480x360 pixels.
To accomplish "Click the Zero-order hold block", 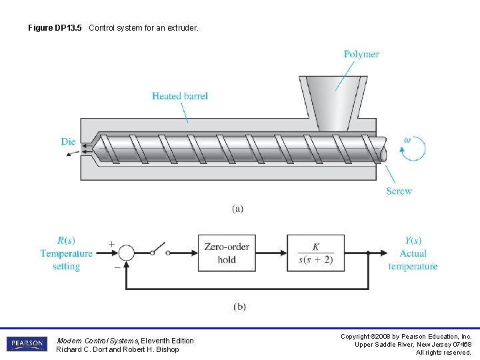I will point(227,253).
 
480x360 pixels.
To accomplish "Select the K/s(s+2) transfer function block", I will point(315,253).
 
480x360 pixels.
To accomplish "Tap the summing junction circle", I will point(126,253).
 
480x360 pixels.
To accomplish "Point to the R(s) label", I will point(67,241).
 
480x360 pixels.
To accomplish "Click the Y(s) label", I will point(413,241).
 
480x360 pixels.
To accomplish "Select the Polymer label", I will point(361,54).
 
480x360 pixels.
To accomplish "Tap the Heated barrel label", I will point(179,96).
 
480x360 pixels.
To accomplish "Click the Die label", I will point(68,141).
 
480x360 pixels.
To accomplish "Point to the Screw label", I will point(399,191).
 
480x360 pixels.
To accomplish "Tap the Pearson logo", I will point(27,344).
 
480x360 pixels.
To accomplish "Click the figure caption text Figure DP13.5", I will point(56,28).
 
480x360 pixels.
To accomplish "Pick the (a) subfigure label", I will point(238,209).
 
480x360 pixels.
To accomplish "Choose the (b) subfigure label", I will point(239,307).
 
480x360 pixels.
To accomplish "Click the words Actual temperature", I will point(413,260).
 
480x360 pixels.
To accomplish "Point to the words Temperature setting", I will point(66,260).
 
